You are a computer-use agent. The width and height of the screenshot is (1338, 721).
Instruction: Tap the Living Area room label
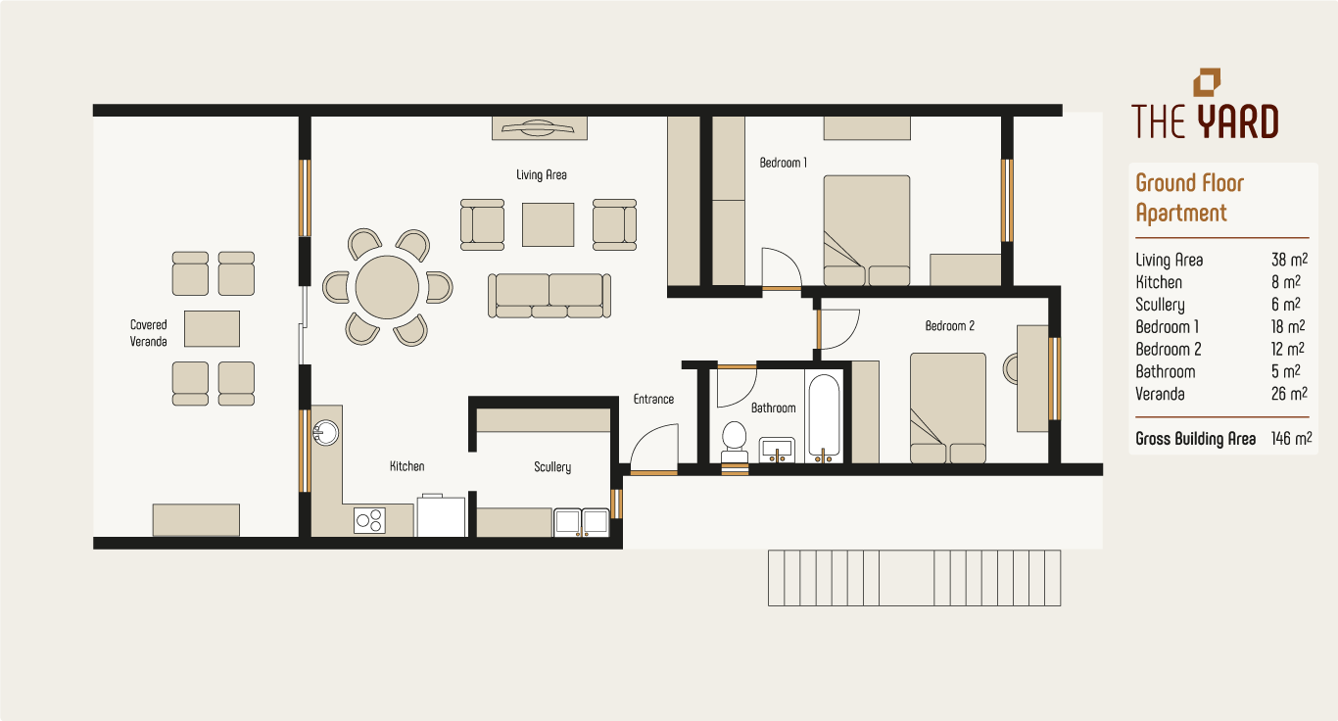(x=542, y=175)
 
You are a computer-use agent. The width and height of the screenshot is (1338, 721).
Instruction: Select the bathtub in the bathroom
(x=824, y=417)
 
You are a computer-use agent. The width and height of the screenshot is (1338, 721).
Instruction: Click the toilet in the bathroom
(x=734, y=440)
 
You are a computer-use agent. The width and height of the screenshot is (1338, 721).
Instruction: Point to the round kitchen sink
(x=325, y=432)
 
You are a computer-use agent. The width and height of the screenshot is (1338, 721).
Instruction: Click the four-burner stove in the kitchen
(x=369, y=520)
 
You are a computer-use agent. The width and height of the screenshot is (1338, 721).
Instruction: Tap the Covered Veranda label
(x=149, y=333)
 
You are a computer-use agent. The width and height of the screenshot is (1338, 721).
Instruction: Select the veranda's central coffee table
(x=212, y=328)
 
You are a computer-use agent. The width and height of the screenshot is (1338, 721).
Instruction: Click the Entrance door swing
(x=653, y=450)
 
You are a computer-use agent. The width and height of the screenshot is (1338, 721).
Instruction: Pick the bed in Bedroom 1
(x=866, y=230)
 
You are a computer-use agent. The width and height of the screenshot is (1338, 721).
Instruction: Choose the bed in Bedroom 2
(x=947, y=408)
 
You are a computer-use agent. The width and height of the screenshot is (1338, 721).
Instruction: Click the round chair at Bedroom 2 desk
(x=1010, y=369)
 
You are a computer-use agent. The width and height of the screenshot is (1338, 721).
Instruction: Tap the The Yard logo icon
(x=1207, y=83)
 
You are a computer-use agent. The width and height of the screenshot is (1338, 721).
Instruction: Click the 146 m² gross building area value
(x=1290, y=439)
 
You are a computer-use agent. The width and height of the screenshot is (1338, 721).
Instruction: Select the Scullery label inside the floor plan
(x=552, y=467)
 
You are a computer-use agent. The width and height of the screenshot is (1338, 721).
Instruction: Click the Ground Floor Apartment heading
(x=1188, y=198)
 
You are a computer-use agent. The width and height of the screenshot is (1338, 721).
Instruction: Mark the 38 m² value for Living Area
(x=1288, y=261)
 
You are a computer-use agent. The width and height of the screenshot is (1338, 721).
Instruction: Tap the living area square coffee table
(x=548, y=224)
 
